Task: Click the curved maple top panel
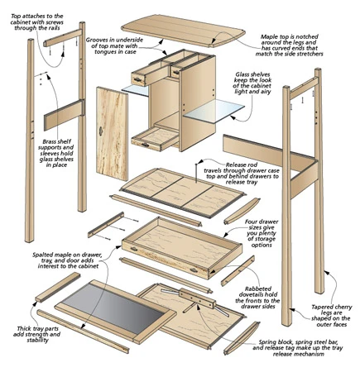point(183,30)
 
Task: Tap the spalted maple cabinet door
point(113,134)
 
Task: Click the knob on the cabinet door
point(101,131)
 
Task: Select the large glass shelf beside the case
point(214,111)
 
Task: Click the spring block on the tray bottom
point(197,298)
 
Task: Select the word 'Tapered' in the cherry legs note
point(321,307)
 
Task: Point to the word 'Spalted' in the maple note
point(42,255)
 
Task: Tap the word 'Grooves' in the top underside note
point(96,40)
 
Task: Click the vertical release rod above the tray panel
point(196,173)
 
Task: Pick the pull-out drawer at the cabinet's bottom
point(155,139)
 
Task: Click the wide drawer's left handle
point(134,250)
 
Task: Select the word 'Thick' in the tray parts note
point(24,328)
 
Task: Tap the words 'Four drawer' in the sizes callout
point(262,222)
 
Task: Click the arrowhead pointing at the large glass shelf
point(233,117)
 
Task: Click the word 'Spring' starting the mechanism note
point(267,342)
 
